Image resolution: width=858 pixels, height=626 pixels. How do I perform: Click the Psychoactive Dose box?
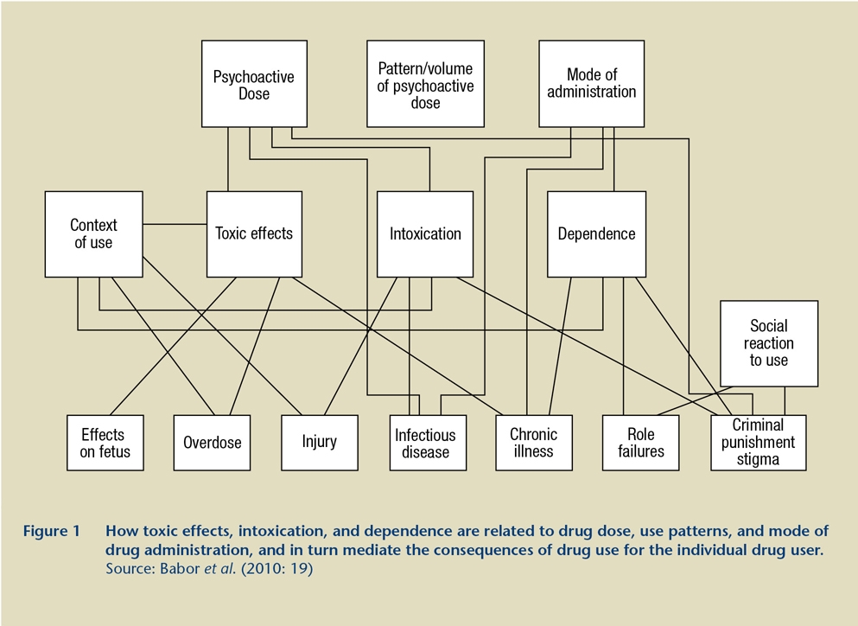(x=254, y=84)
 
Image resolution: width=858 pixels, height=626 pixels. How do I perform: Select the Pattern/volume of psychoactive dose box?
(x=425, y=84)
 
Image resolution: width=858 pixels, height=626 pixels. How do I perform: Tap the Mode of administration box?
(x=592, y=84)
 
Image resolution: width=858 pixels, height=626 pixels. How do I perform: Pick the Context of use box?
(x=93, y=233)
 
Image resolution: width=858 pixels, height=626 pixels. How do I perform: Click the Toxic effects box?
(x=254, y=233)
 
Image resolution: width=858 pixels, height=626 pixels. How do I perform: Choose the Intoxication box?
(x=425, y=233)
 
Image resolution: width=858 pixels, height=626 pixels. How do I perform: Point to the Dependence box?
(x=596, y=233)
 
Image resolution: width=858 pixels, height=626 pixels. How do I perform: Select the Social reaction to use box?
(x=769, y=343)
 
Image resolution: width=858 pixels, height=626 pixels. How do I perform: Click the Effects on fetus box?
(x=105, y=443)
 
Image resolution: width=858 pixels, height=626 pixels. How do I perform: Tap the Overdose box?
(x=212, y=443)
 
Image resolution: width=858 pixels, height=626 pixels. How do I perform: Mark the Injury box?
(x=320, y=443)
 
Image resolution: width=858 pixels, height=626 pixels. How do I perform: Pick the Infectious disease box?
(x=428, y=443)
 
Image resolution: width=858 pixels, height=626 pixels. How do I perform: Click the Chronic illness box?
(x=534, y=443)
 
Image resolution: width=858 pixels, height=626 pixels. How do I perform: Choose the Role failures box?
(x=641, y=443)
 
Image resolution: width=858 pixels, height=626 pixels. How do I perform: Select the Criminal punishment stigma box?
(x=759, y=443)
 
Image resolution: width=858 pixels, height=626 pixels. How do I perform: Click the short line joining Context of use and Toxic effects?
(x=175, y=224)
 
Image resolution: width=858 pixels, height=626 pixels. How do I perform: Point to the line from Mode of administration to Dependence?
(x=614, y=159)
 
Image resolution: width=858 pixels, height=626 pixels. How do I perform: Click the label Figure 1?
(x=52, y=531)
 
